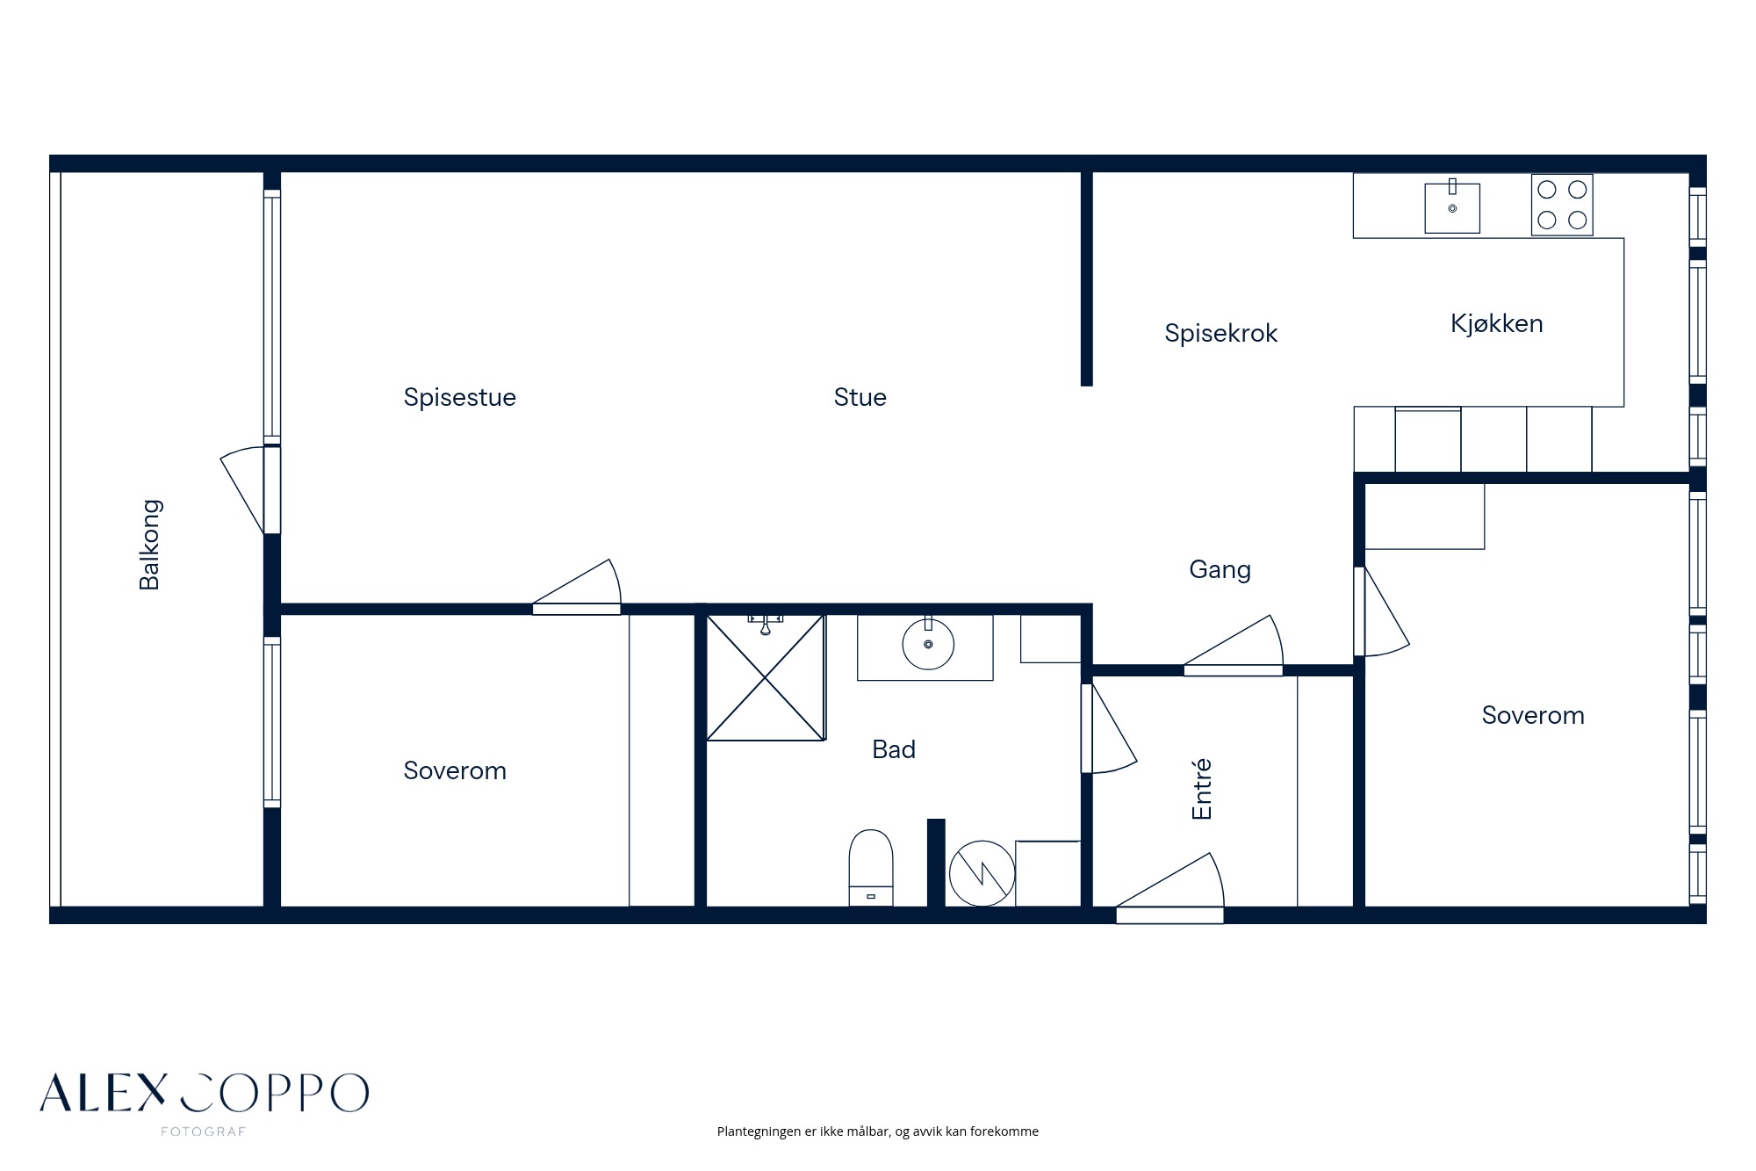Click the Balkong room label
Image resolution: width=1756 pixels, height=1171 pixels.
[x=149, y=545]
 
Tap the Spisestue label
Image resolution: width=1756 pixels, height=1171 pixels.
[x=459, y=398]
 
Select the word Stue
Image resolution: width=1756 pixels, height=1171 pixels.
[x=860, y=398]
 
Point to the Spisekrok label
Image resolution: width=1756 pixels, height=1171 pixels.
[x=1220, y=334]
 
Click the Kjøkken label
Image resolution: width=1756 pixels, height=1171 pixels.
[x=1496, y=324]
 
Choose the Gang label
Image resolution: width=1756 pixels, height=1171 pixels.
[x=1220, y=570]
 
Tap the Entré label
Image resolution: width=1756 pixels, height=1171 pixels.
[x=1201, y=789]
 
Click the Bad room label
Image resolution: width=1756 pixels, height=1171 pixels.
[x=894, y=749]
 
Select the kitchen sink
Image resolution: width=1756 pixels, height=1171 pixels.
[x=1452, y=207]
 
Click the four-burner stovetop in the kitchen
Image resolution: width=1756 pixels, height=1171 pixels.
[x=1562, y=204]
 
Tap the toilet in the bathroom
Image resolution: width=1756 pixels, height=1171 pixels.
[x=871, y=868]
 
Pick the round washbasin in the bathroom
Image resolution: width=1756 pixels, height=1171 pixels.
[x=928, y=644]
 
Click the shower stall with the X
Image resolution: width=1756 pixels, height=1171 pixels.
[x=766, y=677]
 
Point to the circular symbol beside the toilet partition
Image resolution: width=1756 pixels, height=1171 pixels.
[x=982, y=873]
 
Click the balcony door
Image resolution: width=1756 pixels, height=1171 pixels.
[x=251, y=490]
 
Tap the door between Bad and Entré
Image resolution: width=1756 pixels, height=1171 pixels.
[x=1108, y=728]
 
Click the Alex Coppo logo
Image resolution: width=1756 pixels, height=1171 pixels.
[x=204, y=1094]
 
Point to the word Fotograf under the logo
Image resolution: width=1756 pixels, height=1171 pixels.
[x=203, y=1132]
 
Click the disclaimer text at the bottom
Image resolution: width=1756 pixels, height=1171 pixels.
[x=878, y=1131]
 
